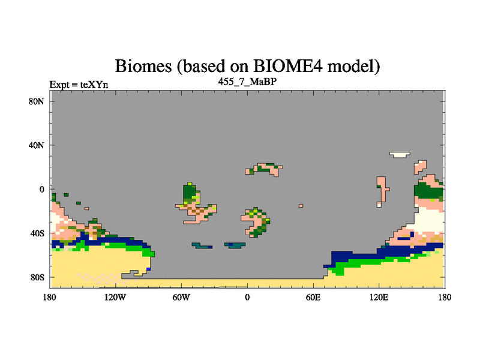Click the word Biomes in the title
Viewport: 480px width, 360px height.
143,66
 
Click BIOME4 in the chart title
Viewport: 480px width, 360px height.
288,65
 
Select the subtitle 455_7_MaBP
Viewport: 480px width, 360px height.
247,82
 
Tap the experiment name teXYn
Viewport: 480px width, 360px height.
94,85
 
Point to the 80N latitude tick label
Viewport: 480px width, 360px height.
37,101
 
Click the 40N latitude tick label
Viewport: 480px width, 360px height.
37,145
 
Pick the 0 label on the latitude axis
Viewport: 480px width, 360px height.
41,189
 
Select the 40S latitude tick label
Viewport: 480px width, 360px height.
37,233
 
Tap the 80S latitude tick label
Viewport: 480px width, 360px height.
37,277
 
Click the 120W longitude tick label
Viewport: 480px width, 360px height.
115,297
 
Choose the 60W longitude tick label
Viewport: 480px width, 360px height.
181,297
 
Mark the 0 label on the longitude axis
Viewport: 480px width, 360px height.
247,297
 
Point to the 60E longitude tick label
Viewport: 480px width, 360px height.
313,297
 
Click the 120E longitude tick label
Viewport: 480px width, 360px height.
379,297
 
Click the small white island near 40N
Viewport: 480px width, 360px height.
400,155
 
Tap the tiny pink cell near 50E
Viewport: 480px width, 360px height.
301,206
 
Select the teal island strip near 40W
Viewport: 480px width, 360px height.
202,245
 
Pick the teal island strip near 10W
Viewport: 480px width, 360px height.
235,245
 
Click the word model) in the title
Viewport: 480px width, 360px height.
353,66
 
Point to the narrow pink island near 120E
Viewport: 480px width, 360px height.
382,191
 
